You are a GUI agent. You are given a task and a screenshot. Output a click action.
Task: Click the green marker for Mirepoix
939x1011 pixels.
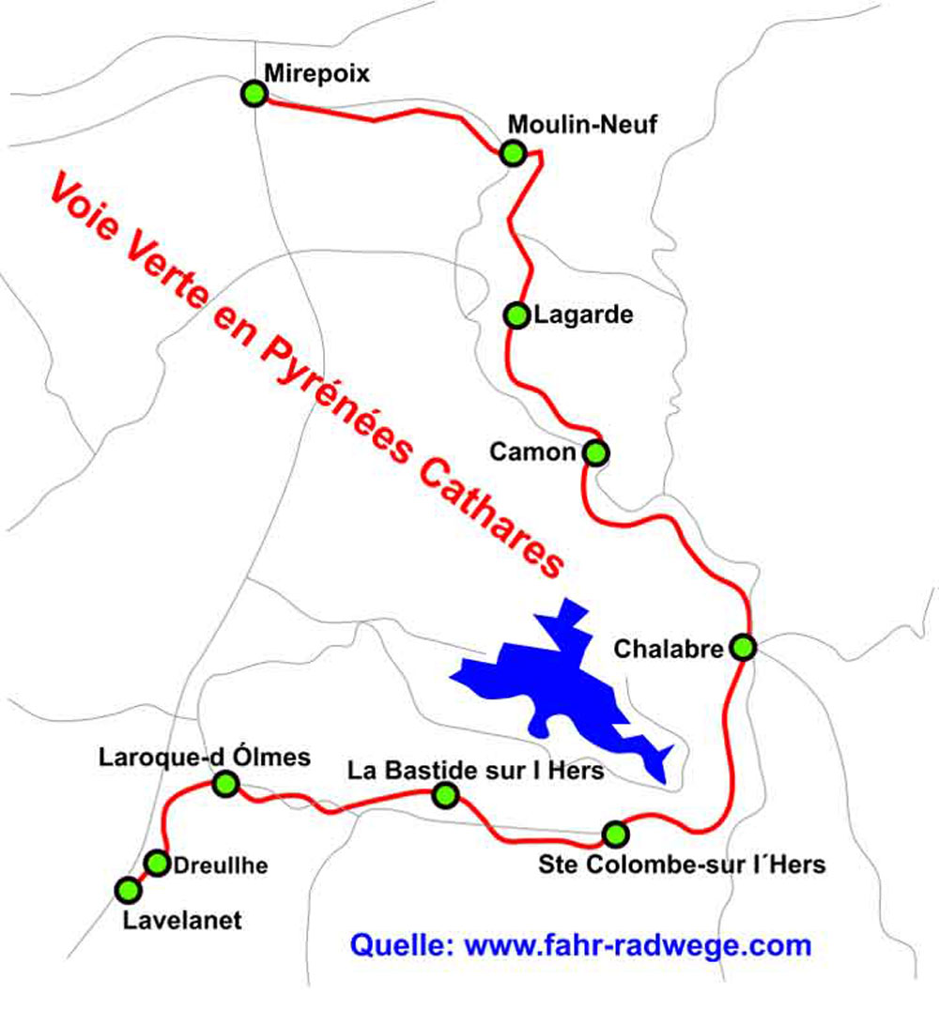coord(254,94)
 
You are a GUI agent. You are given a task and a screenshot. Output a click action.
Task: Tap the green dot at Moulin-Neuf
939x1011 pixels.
coord(512,153)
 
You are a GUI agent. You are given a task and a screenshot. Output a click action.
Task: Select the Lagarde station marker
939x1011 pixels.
coord(516,315)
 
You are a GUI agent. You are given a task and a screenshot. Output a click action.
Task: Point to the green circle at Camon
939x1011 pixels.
coord(595,452)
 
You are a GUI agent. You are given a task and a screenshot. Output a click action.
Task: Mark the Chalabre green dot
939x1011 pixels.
coord(743,647)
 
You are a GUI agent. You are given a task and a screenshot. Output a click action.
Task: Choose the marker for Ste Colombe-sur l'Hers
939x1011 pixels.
coord(614,833)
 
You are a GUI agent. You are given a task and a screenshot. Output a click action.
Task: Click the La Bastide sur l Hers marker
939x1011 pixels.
coord(445,796)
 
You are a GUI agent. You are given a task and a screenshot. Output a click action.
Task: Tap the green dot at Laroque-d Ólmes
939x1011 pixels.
coord(225,783)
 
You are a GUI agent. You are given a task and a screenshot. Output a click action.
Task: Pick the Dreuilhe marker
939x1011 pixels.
coord(157,863)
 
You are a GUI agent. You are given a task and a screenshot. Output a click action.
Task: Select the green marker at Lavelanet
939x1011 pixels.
coord(125,889)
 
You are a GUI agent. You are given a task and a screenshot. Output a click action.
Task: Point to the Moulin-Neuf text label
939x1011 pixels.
coord(583,124)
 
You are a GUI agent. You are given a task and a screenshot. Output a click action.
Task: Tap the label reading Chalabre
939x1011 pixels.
coord(669,649)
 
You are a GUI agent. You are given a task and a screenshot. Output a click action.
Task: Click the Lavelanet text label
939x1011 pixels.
coord(182,920)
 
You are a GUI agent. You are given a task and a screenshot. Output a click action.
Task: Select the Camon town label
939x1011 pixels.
coord(532,452)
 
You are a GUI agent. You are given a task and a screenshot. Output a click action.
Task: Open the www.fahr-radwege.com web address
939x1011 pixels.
coord(639,944)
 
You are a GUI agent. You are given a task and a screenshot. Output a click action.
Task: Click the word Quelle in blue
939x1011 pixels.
coord(402,944)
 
